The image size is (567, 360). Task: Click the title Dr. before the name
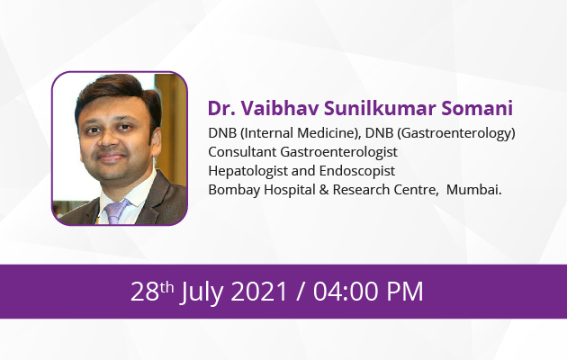(x=220, y=108)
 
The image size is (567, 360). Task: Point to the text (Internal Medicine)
(x=301, y=133)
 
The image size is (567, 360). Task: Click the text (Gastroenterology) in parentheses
(x=456, y=133)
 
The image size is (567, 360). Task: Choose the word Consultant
(x=242, y=152)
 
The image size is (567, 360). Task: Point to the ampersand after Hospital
(x=324, y=190)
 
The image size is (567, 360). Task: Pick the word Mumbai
(x=473, y=190)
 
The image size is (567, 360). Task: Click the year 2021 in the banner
(x=259, y=292)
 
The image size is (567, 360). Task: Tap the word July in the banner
(x=202, y=292)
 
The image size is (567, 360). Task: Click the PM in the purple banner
(x=405, y=292)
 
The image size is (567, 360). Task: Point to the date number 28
(x=145, y=292)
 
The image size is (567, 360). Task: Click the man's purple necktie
(x=116, y=211)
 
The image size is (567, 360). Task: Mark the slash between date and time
(x=300, y=292)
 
